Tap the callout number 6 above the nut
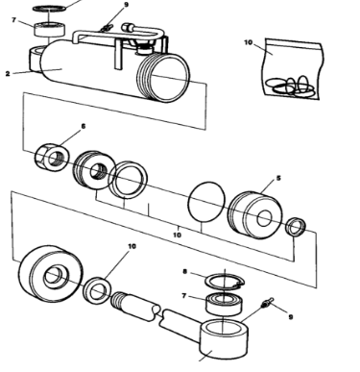83,126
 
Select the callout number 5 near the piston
278,178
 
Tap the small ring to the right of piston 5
299,229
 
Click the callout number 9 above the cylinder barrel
126,5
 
